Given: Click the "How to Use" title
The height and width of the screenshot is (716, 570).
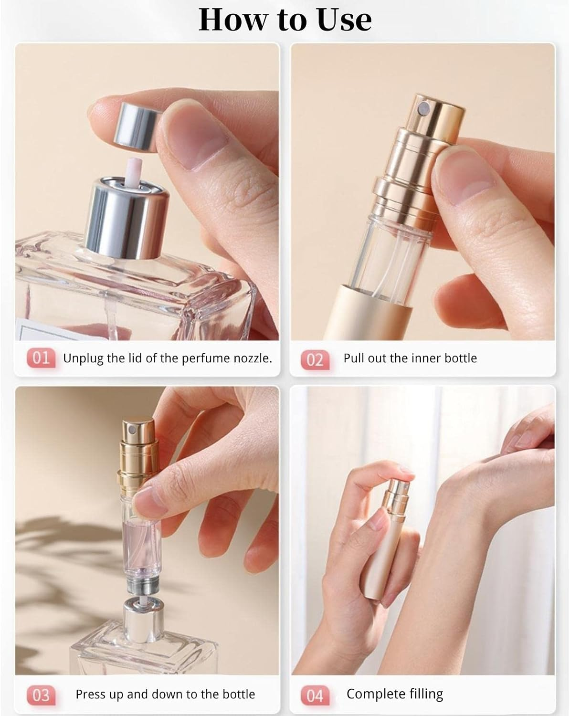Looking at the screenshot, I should click(x=285, y=20).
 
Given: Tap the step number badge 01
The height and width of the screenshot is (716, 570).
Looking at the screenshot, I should click(x=41, y=358).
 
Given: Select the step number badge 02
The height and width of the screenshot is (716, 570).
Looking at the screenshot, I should click(x=315, y=359).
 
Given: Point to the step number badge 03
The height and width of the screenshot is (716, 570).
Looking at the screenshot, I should click(x=41, y=695).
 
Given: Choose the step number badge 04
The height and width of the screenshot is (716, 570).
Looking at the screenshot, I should click(x=315, y=695).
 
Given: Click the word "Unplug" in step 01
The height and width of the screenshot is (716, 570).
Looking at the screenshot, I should click(x=82, y=358).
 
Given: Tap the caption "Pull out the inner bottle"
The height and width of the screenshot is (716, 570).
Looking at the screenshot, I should click(x=410, y=358).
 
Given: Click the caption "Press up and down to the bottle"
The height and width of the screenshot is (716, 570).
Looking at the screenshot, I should click(x=165, y=694).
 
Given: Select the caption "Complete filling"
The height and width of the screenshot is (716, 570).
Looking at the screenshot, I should click(x=395, y=694).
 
